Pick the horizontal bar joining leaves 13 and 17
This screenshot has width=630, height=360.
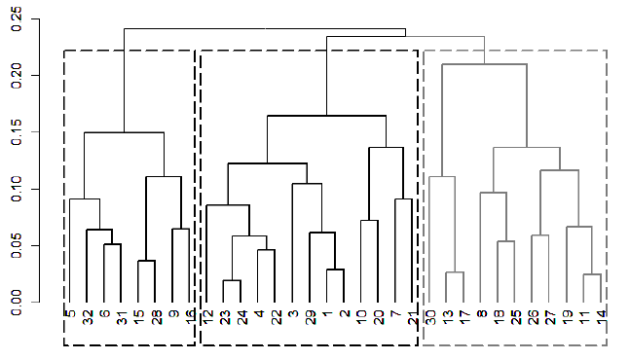point(455,272)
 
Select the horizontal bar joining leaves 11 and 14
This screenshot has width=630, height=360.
point(592,274)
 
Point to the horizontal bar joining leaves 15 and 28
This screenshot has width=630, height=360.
point(146,261)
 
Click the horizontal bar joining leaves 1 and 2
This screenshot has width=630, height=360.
point(335,270)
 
